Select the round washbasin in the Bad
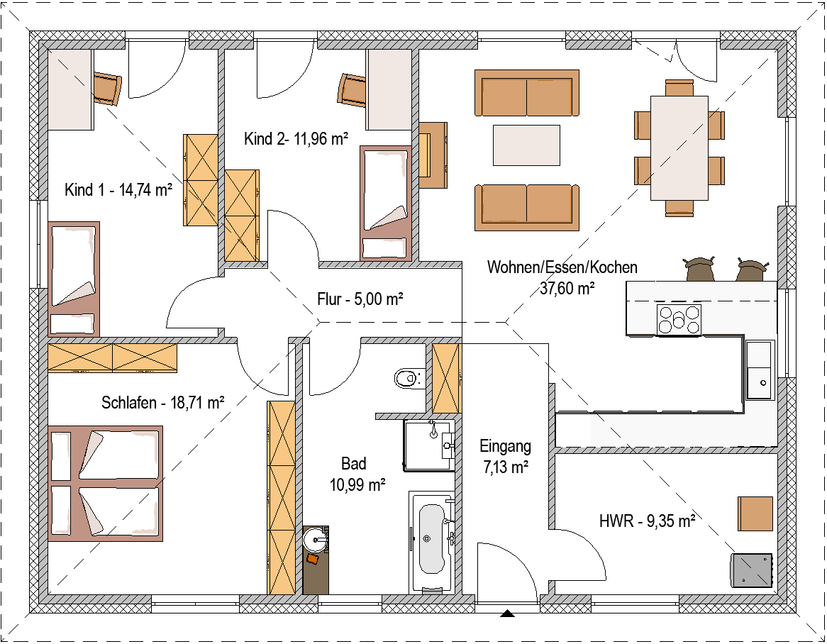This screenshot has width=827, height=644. pyautogui.click(x=316, y=540)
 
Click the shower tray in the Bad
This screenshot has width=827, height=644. pyautogui.click(x=429, y=445)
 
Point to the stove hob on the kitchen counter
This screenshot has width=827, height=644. pyautogui.click(x=679, y=320)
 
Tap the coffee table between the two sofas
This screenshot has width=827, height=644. pyautogui.click(x=526, y=145)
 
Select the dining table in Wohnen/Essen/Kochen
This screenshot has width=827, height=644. pyautogui.click(x=679, y=148)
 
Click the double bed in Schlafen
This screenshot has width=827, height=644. pyautogui.click(x=106, y=484)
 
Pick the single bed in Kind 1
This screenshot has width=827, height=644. pyautogui.click(x=74, y=279)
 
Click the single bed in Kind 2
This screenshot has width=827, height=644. pyautogui.click(x=386, y=204)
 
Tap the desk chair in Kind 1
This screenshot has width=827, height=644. pyautogui.click(x=108, y=89)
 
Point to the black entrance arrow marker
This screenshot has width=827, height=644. pyautogui.click(x=507, y=613)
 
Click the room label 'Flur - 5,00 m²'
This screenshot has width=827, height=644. pyautogui.click(x=360, y=299)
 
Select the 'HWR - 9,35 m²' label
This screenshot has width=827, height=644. pyautogui.click(x=647, y=521)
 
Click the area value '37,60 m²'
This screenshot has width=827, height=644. pyautogui.click(x=567, y=288)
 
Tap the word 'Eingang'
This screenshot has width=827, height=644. pyautogui.click(x=505, y=446)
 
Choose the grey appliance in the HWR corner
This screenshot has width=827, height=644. pyautogui.click(x=752, y=570)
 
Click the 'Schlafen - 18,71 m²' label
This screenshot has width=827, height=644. pyautogui.click(x=163, y=403)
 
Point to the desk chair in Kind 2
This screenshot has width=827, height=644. pyautogui.click(x=352, y=89)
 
